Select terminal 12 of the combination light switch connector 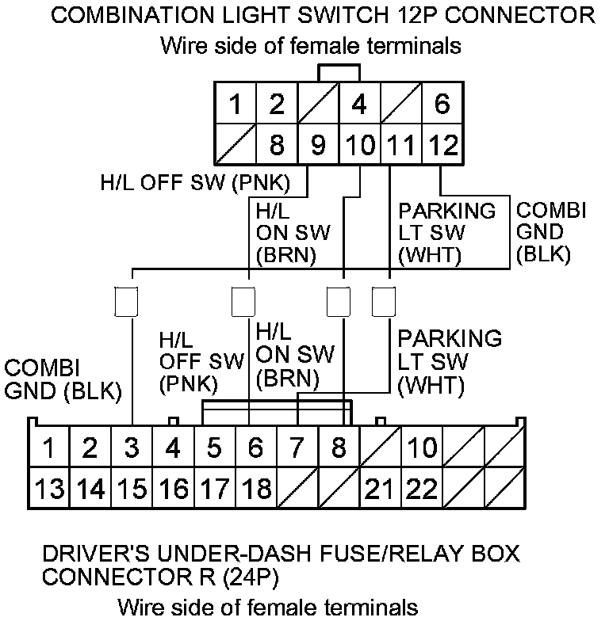pyautogui.click(x=442, y=146)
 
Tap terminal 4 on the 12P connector pyautogui.click(x=359, y=104)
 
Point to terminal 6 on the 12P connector pyautogui.click(x=442, y=104)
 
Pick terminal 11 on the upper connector pyautogui.click(x=400, y=146)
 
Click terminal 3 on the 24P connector pyautogui.click(x=132, y=448)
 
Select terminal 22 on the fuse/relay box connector pyautogui.click(x=421, y=488)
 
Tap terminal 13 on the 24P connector pyautogui.click(x=49, y=488)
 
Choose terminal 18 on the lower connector pyautogui.click(x=255, y=488)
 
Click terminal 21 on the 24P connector pyautogui.click(x=380, y=488)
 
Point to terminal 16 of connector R pyautogui.click(x=173, y=488)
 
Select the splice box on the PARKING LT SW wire pyautogui.click(x=384, y=301)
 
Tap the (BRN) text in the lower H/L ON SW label pyautogui.click(x=287, y=379)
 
